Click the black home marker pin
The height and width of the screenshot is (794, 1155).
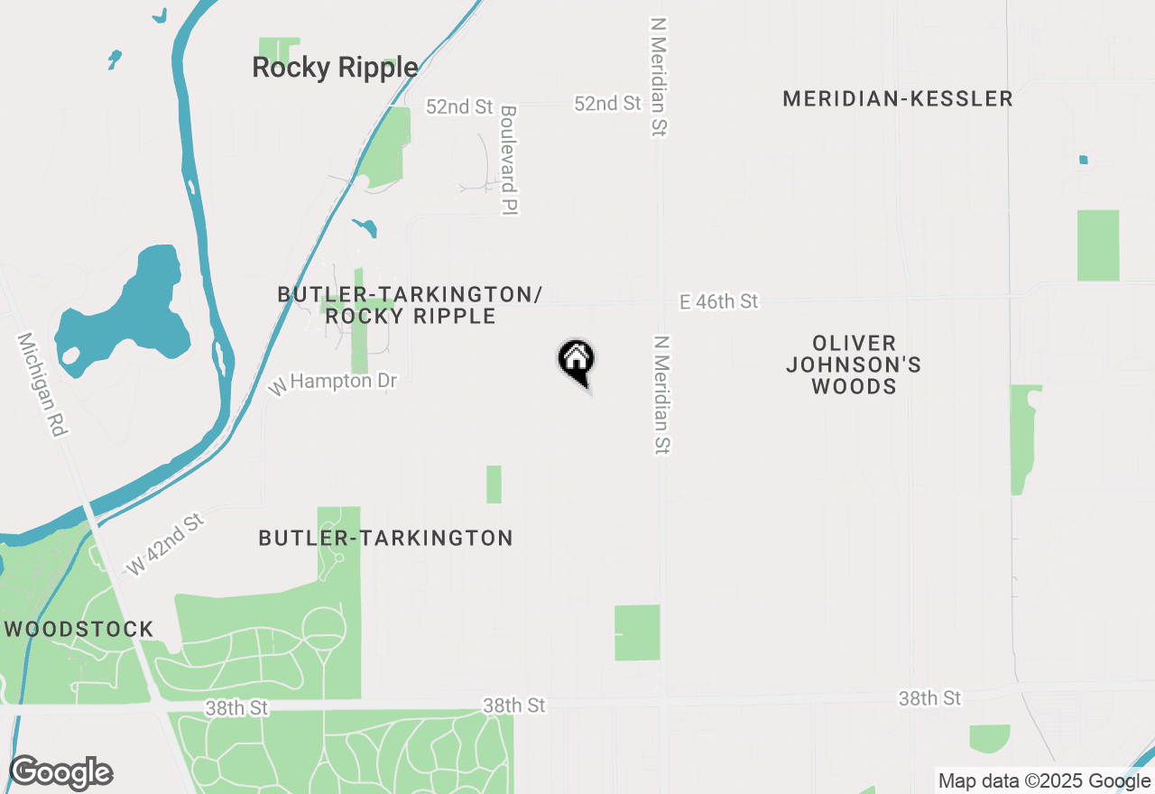point(576,361)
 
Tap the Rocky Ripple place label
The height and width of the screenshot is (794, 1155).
point(335,68)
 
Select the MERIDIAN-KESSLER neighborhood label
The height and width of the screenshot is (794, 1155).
point(897,99)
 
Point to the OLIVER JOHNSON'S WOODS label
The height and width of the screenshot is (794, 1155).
point(854,365)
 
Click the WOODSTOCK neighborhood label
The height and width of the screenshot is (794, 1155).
point(79,629)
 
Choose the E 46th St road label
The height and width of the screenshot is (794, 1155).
point(719,301)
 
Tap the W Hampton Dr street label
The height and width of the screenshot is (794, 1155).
point(333,383)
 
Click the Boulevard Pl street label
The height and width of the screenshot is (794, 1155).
point(508,159)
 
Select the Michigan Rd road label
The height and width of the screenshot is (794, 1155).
point(42,384)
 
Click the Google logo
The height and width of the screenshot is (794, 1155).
point(60,773)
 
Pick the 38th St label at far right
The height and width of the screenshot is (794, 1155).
point(929,698)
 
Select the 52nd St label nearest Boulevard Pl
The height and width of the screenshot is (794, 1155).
point(460,106)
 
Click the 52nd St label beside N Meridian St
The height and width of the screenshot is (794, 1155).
point(607,104)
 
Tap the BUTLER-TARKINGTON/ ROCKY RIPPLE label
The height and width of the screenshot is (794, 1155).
point(411,305)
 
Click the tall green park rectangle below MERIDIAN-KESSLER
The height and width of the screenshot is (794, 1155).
point(1098,245)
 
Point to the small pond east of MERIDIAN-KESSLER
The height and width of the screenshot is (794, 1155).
point(1083,160)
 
